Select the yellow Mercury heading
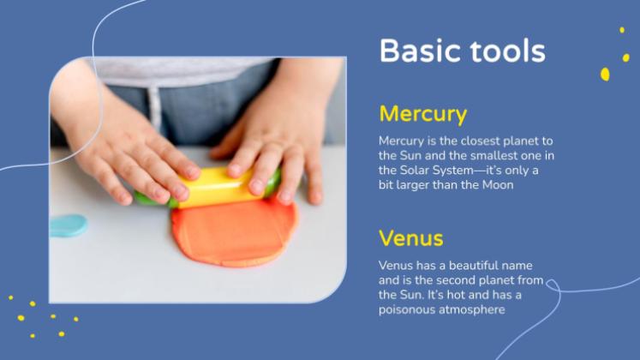(x=423, y=114)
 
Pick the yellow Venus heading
(x=411, y=238)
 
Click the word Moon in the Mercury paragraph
(x=498, y=185)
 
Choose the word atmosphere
(x=472, y=309)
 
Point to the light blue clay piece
(x=69, y=225)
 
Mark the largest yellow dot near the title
(x=605, y=75)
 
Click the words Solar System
(x=435, y=171)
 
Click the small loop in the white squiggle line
(x=553, y=285)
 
